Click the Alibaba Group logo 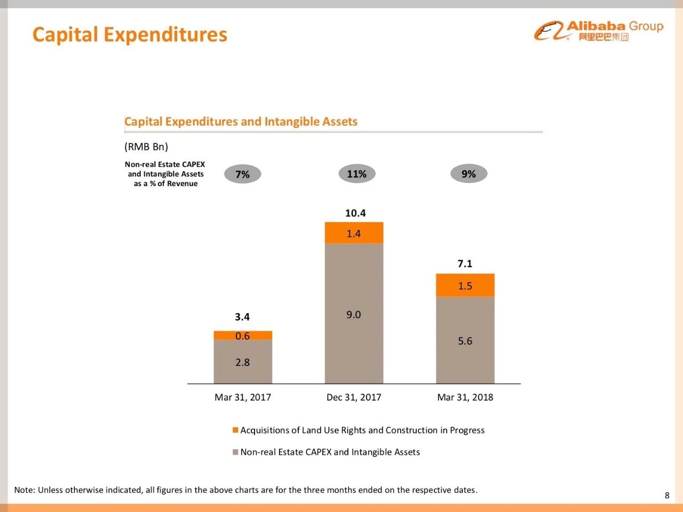tap(598, 30)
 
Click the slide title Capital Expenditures tap(130, 35)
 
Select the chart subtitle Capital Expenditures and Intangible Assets tap(241, 122)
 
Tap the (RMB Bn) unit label tap(146, 147)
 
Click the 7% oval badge tap(242, 174)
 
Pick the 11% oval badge tap(356, 174)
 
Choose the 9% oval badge tap(468, 174)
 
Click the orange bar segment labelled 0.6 tap(243, 335)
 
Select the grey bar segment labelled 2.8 tap(243, 362)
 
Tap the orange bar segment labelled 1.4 tap(354, 233)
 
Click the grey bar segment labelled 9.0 tap(354, 314)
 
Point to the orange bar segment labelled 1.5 tap(465, 285)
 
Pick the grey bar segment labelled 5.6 tap(465, 341)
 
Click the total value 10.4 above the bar tap(355, 213)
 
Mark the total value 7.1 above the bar tap(465, 263)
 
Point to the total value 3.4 tap(242, 317)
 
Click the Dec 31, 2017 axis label tap(354, 397)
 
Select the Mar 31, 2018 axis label tap(465, 397)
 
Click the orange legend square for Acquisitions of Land tap(235, 430)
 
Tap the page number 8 tap(666, 495)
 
